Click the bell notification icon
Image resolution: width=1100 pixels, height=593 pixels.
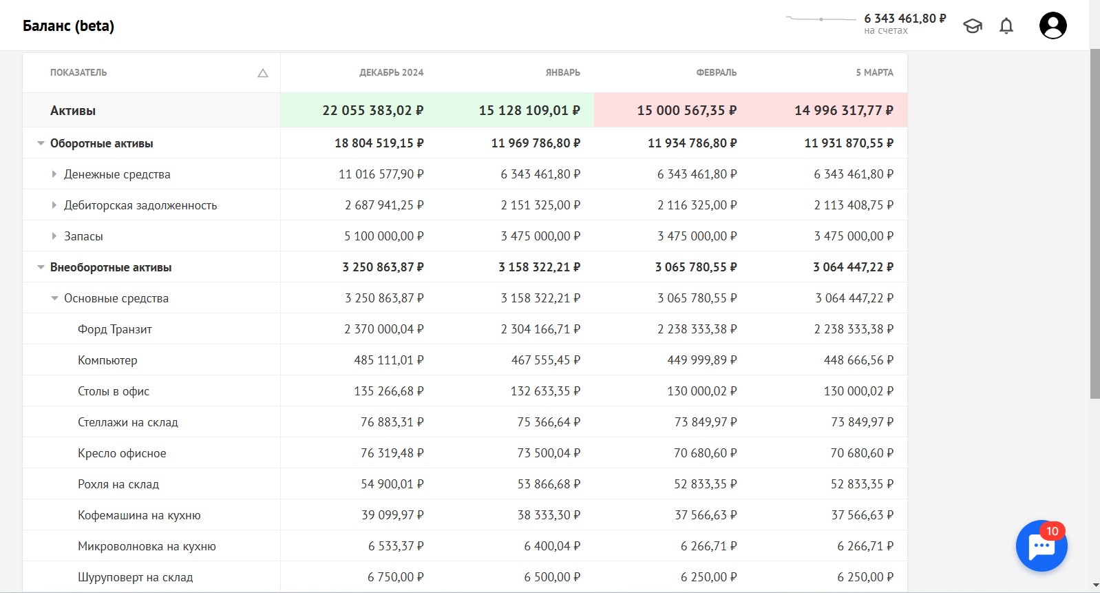tap(1006, 25)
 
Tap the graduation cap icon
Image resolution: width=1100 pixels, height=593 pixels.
tap(973, 25)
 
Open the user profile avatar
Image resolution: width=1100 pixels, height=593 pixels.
tap(1053, 25)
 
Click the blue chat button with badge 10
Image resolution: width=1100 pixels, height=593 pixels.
tap(1041, 545)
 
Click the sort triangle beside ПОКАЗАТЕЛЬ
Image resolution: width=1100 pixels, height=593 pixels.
tap(263, 73)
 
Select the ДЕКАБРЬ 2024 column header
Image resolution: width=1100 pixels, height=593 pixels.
tap(392, 73)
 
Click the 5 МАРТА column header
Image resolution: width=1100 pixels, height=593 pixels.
tap(875, 73)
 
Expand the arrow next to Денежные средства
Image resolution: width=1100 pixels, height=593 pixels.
tap(54, 174)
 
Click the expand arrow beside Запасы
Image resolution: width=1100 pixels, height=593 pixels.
tap(54, 236)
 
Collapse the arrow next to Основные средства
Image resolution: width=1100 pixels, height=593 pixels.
tap(54, 298)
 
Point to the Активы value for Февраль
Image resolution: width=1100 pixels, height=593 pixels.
tap(686, 110)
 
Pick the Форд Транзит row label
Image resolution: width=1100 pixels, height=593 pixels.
tap(115, 329)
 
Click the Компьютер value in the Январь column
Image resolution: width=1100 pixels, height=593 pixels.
tap(546, 360)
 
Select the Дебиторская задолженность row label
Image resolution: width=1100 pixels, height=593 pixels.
tap(140, 205)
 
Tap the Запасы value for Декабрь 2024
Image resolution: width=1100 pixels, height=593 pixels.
tap(384, 236)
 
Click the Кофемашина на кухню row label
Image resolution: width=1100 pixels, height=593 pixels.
tap(139, 515)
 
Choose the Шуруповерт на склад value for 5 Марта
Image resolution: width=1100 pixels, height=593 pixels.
tap(865, 577)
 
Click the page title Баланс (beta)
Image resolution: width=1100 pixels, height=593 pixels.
tap(68, 25)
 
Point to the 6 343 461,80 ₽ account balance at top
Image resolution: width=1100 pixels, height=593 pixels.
tap(905, 19)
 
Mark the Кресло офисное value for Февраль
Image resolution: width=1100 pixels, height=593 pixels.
tap(705, 453)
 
